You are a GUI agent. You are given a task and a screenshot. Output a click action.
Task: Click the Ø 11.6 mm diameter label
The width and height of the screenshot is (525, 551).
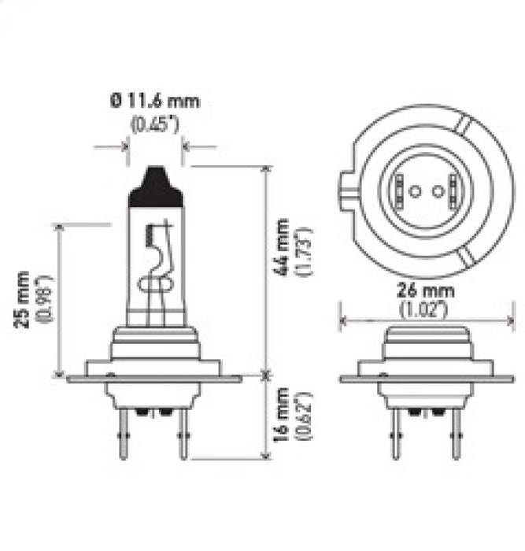155,101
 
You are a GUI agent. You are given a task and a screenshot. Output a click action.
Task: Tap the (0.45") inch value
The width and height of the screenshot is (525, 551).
155,124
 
